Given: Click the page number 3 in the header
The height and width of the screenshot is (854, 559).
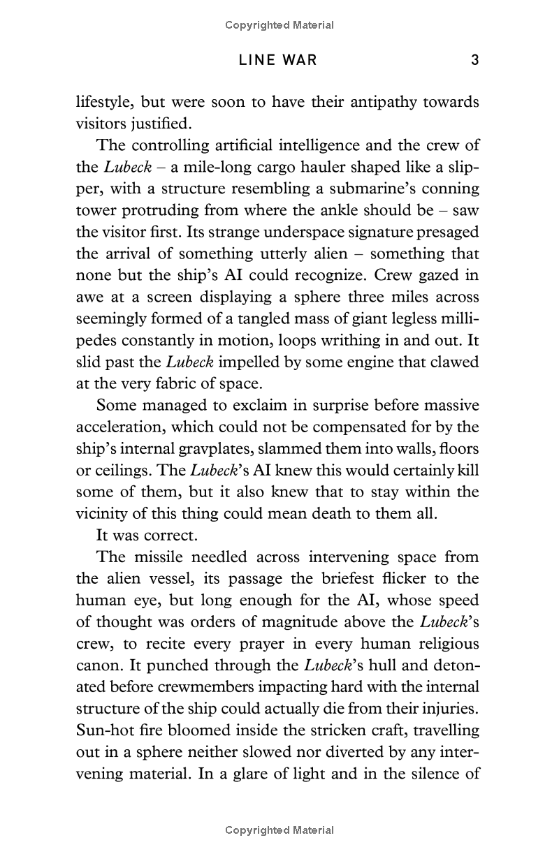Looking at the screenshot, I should click(474, 60).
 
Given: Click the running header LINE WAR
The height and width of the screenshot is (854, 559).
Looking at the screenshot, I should click(278, 60).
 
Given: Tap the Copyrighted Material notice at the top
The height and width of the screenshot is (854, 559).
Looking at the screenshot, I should click(279, 25).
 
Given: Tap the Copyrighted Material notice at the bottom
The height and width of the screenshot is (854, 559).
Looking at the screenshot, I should click(279, 830).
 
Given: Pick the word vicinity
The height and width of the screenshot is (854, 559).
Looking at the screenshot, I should click(103, 513).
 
